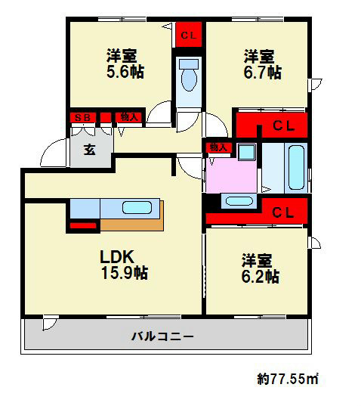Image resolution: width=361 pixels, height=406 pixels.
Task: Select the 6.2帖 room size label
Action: coord(261,277)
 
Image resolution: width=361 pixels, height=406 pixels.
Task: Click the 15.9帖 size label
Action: coord(124,274)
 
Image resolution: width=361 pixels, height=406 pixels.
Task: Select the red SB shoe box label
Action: coord(81,117)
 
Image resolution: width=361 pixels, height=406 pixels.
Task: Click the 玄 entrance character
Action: coord(90,150)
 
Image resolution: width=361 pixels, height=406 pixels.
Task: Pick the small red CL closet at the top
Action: coord(189,35)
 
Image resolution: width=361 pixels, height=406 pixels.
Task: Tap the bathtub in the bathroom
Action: coord(295,167)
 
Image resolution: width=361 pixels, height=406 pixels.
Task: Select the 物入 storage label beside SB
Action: coord(130,117)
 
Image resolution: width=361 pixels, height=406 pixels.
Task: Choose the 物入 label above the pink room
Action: coord(219,147)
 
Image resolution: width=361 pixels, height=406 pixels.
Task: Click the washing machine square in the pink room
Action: coord(246,152)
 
